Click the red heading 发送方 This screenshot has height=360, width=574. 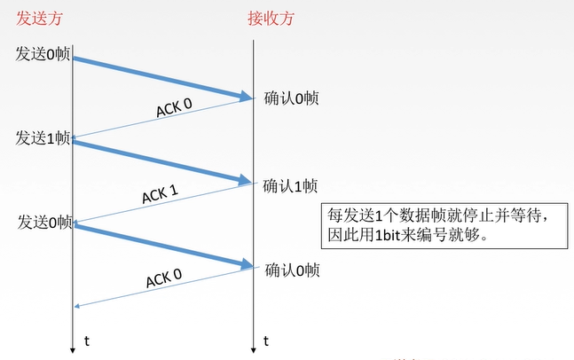tap(39, 19)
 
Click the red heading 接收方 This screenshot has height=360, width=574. tap(271, 19)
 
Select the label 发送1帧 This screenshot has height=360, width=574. tap(43, 138)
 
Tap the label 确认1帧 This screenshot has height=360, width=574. tap(290, 186)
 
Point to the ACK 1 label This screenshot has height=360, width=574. tap(160, 194)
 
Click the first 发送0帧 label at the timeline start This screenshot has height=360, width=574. tap(43, 54)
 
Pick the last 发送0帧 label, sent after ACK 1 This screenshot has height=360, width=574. tap(45, 222)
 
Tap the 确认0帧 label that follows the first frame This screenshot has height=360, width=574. tap(291, 98)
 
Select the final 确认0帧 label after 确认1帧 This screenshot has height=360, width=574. tap(292, 270)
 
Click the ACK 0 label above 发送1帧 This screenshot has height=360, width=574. tap(174, 107)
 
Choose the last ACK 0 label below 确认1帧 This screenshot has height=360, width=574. tap(164, 278)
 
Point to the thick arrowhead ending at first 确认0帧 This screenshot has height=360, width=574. tap(246, 97)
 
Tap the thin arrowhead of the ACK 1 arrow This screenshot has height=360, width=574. tap(75, 222)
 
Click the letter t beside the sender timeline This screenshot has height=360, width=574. tap(87, 341)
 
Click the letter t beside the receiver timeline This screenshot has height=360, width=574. tap(266, 341)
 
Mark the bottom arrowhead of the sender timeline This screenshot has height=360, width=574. tap(73, 350)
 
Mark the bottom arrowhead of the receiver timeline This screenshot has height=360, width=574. tap(254, 350)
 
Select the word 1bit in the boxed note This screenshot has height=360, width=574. tap(388, 235)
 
